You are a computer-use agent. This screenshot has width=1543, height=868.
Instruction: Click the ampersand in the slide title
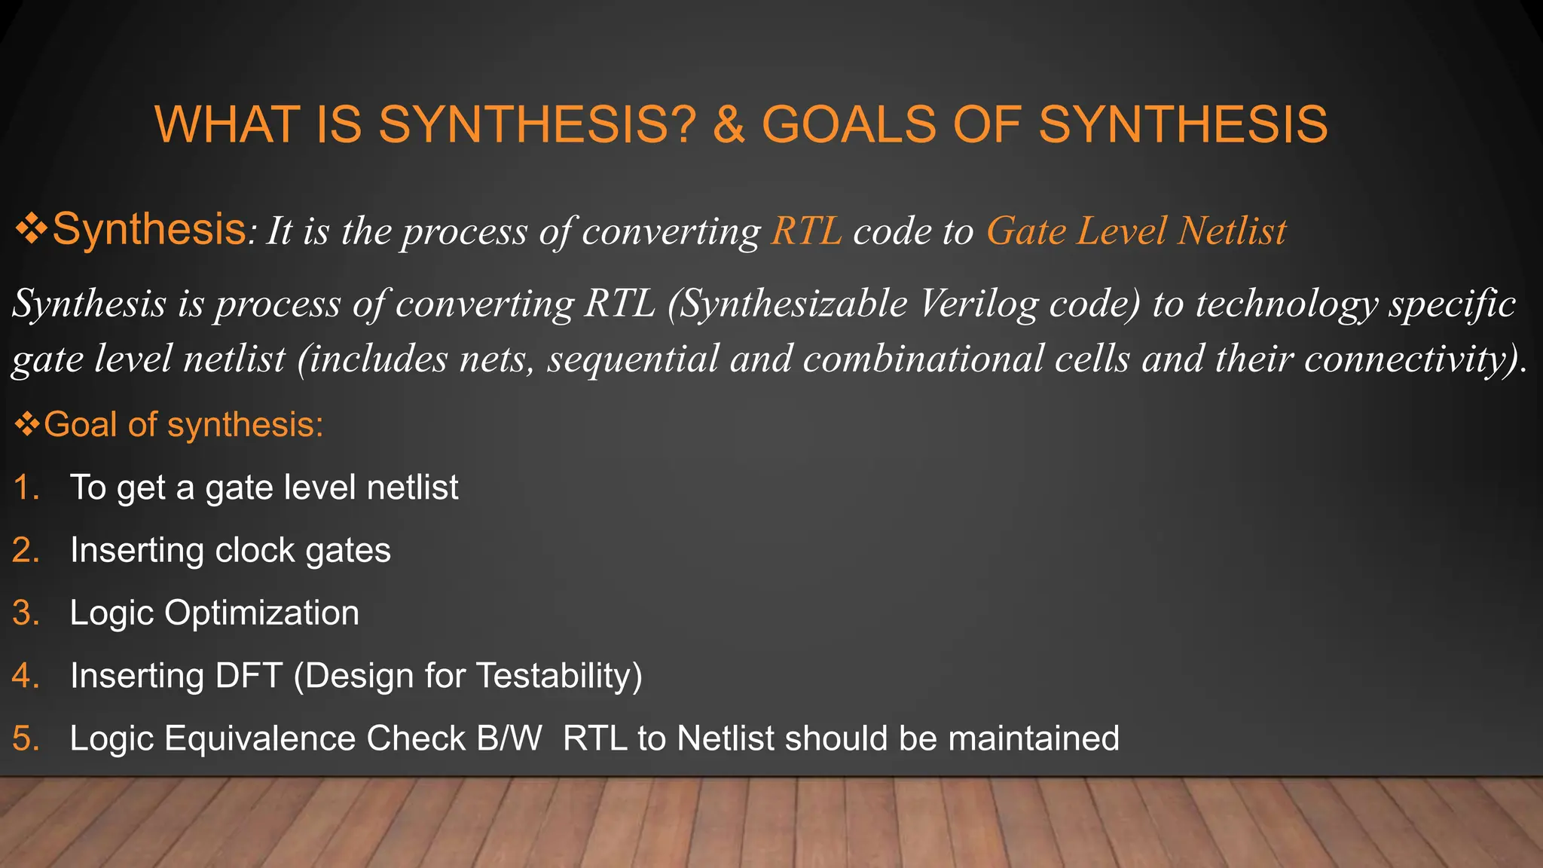pyautogui.click(x=729, y=125)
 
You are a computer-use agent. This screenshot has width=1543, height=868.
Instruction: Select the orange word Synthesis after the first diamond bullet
pyautogui.click(x=148, y=229)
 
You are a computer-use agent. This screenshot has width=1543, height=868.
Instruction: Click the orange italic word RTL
pyautogui.click(x=806, y=231)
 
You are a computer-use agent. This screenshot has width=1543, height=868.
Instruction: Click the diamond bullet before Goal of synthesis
pyautogui.click(x=27, y=424)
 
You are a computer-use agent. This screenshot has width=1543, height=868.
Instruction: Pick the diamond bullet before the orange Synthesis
pyautogui.click(x=31, y=229)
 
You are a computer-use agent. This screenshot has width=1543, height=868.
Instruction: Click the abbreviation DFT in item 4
pyautogui.click(x=249, y=676)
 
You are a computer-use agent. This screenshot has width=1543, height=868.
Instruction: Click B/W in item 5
pyautogui.click(x=509, y=738)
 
